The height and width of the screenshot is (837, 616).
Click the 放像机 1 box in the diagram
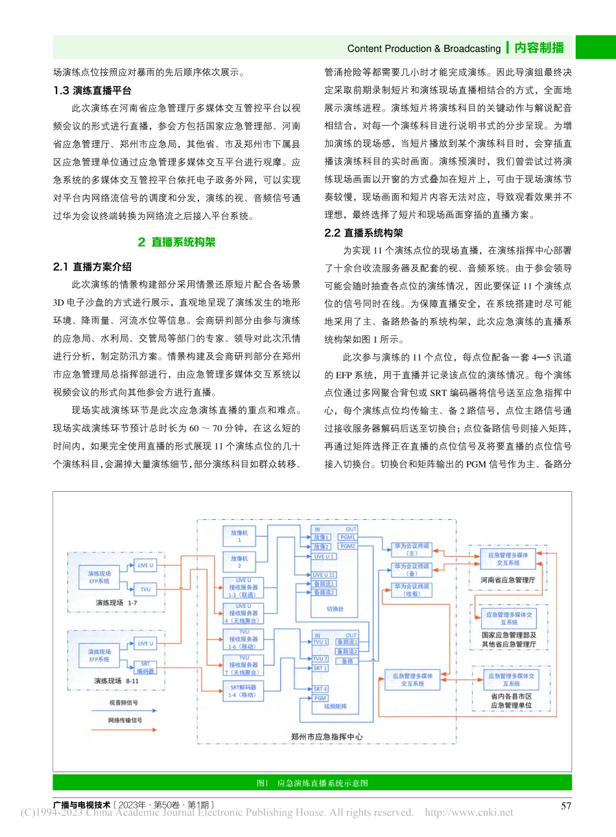(239, 536)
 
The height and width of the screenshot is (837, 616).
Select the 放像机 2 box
(239, 562)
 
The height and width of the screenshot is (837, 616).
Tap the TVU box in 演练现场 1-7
(145, 590)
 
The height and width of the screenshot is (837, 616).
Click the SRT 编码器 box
(145, 668)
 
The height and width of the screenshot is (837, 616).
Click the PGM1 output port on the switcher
(348, 537)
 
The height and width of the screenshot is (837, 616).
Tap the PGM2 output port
(348, 546)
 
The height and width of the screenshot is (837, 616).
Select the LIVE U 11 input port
(324, 575)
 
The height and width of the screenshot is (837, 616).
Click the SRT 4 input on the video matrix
(320, 689)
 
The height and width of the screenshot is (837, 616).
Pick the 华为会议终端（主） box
(412, 550)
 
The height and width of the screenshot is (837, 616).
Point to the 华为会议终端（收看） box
(412, 590)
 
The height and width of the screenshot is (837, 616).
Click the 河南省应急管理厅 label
(508, 580)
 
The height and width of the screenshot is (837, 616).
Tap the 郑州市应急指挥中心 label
(327, 736)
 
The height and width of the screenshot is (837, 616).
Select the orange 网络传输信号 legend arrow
(124, 730)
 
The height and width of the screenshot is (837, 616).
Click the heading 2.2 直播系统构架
(364, 233)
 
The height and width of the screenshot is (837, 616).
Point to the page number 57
(566, 806)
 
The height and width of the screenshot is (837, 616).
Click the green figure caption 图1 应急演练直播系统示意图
(312, 783)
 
